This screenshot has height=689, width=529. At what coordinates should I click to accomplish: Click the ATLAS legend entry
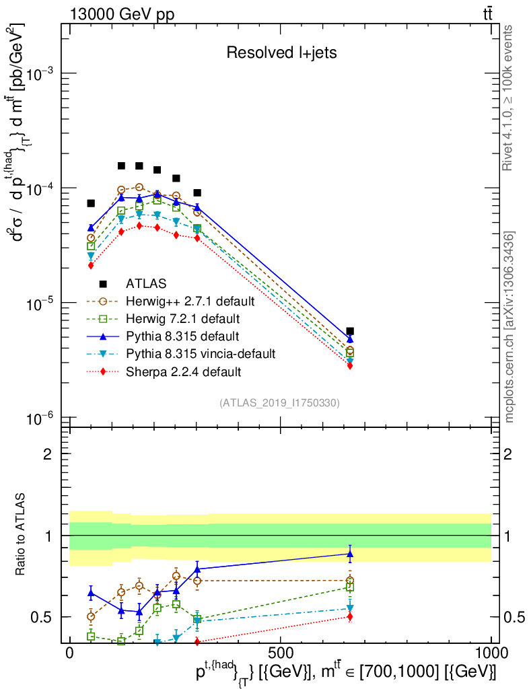point(147,283)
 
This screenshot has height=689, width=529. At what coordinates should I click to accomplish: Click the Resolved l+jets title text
point(281,52)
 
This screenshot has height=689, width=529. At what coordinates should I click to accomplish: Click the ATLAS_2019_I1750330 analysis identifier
point(279,403)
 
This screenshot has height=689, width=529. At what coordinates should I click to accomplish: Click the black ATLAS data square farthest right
point(350,331)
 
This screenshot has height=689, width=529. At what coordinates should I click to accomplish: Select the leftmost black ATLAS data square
point(91,203)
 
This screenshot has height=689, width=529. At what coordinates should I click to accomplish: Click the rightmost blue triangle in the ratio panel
point(350,554)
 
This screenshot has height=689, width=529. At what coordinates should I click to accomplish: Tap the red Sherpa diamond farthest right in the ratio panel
point(350,616)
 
